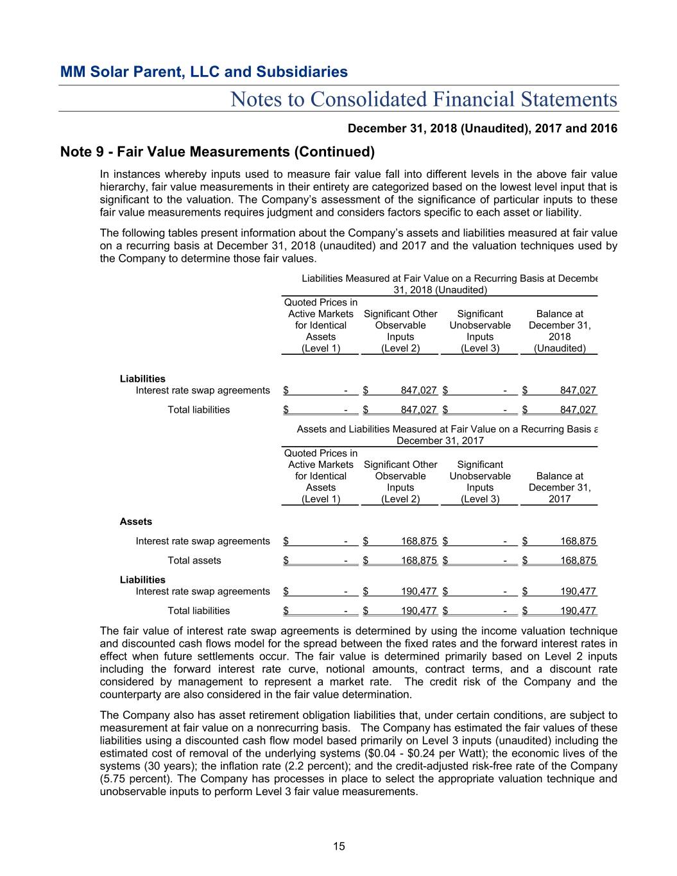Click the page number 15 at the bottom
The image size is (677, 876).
[339, 846]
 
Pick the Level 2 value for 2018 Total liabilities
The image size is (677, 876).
[418, 410]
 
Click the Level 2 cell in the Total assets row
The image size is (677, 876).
[418, 561]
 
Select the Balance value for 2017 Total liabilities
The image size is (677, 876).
[578, 611]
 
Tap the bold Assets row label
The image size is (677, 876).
[136, 522]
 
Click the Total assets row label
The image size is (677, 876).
[194, 561]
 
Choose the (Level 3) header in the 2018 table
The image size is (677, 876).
[479, 348]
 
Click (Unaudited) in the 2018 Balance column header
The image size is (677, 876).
[560, 348]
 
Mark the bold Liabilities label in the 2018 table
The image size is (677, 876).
[142, 379]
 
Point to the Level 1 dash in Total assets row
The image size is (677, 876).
[346, 561]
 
